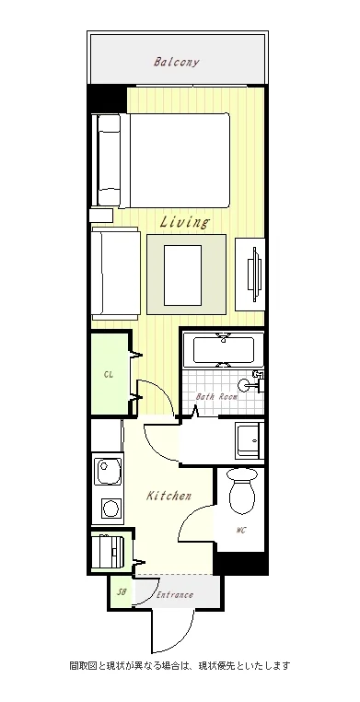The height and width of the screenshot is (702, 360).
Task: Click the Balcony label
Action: [176, 62]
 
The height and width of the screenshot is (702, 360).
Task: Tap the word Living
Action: [184, 222]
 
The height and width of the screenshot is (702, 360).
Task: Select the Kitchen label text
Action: [169, 496]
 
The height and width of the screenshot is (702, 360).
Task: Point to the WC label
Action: [241, 531]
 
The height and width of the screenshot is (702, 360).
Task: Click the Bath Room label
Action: [216, 397]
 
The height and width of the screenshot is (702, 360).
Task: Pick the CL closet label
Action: [108, 375]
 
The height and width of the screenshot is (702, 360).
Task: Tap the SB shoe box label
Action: [122, 591]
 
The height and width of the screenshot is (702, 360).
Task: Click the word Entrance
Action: [175, 595]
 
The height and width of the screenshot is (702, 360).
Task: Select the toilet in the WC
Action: [242, 491]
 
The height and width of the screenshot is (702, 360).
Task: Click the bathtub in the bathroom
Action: [224, 350]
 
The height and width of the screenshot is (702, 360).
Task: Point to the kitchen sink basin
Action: [109, 471]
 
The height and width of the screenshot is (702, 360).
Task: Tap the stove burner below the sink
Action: [110, 509]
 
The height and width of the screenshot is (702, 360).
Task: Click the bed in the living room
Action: [162, 160]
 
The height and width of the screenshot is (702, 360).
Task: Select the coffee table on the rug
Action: [182, 275]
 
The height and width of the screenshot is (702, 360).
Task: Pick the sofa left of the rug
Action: [115, 274]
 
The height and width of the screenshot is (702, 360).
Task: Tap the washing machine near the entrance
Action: [108, 552]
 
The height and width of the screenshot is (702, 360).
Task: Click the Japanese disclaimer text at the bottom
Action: [180, 665]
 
